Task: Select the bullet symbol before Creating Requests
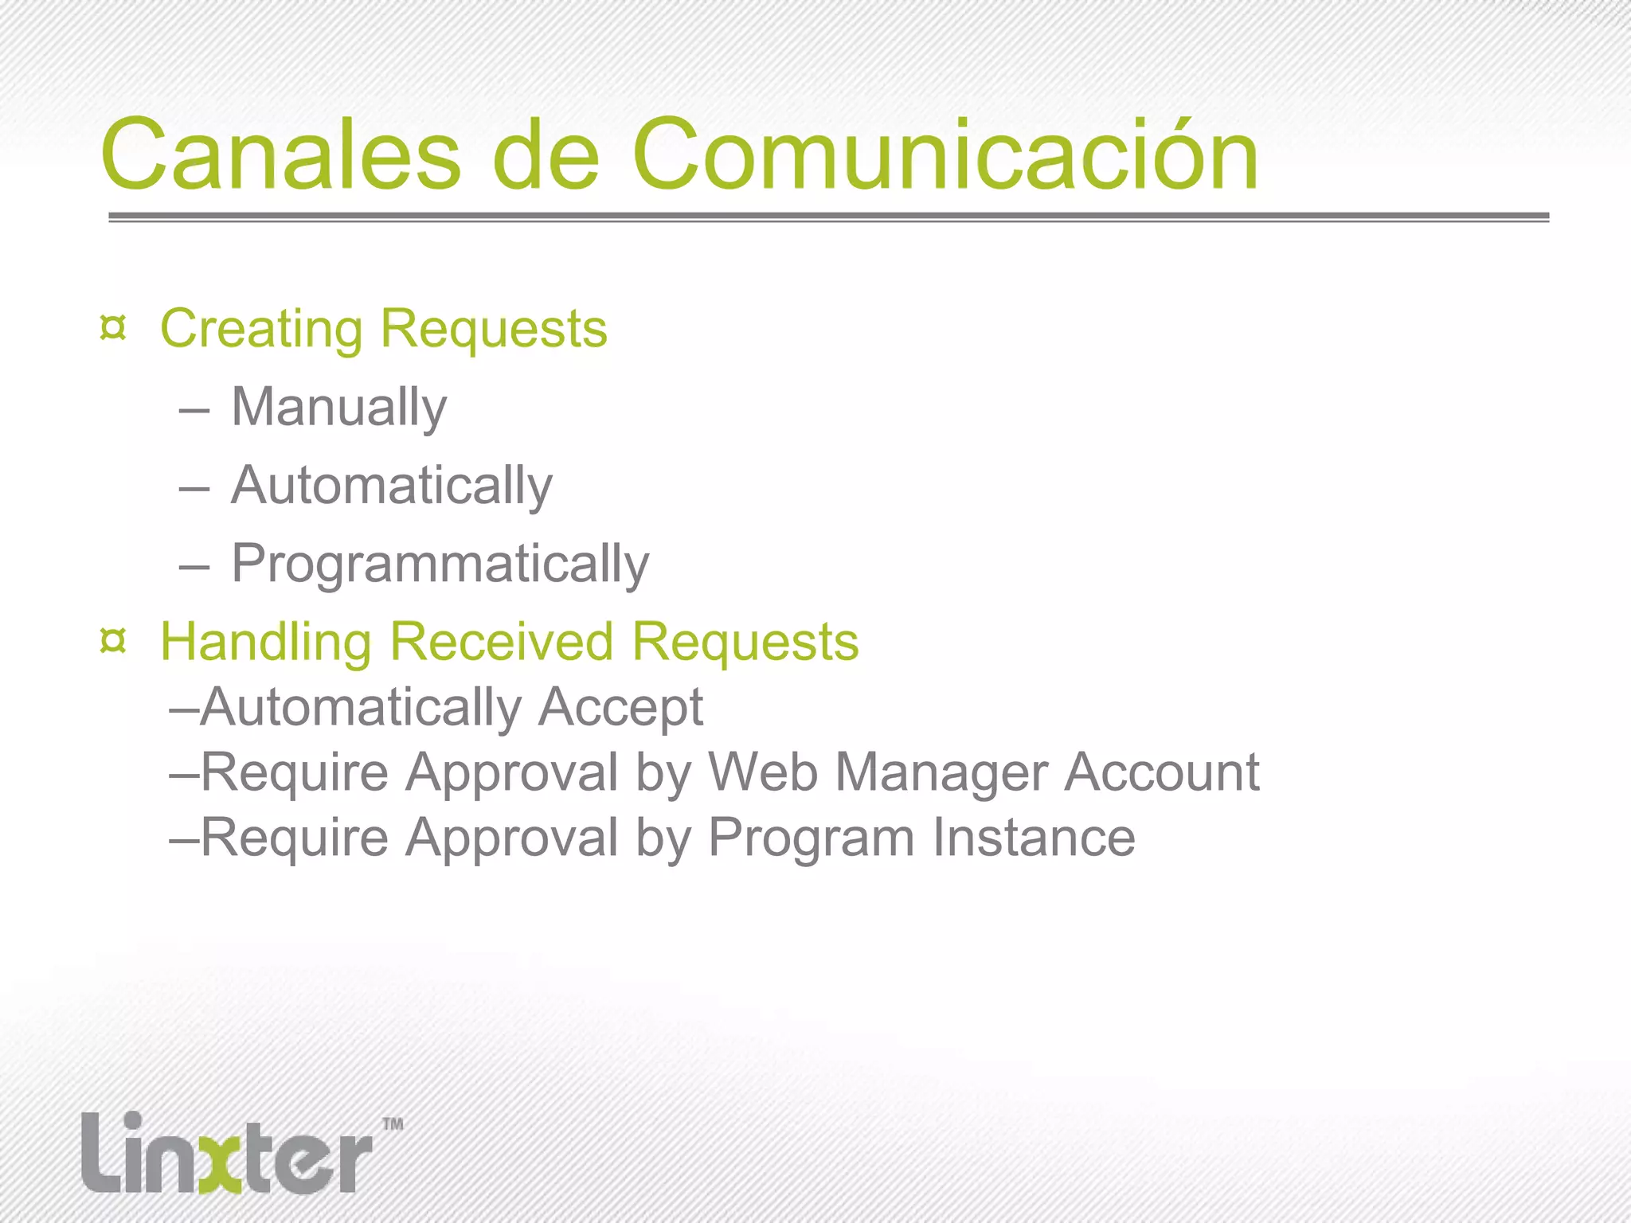[x=113, y=327]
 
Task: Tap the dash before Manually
[x=194, y=411]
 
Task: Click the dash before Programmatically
[x=194, y=568]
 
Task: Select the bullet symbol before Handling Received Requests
[x=113, y=640]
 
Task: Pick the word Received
[x=503, y=641]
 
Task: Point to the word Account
[x=1162, y=772]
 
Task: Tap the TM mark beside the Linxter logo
[x=393, y=1124]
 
